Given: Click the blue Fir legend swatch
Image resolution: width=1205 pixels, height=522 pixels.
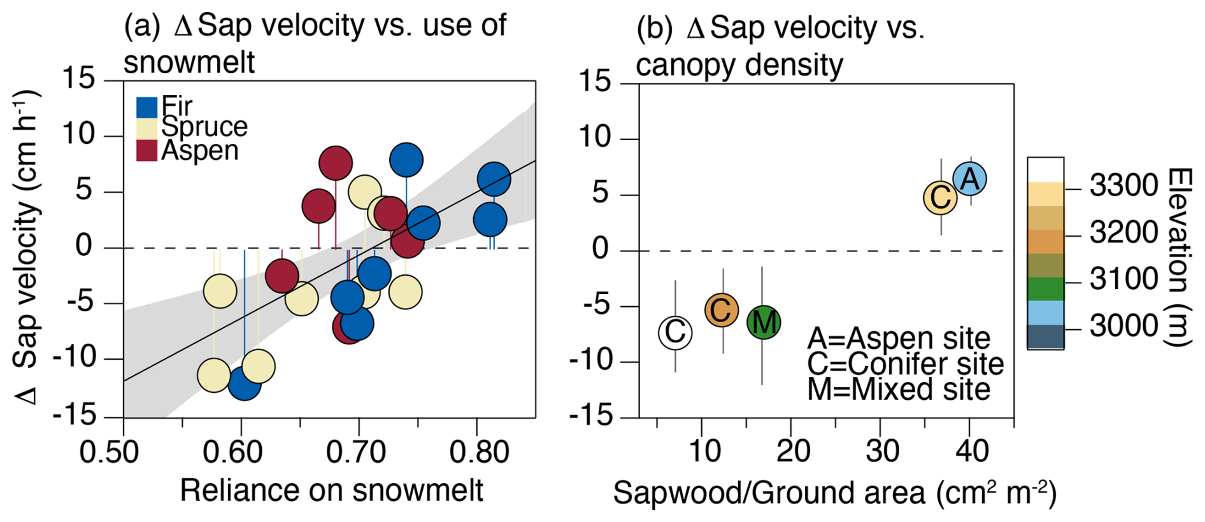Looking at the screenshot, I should point(146,107).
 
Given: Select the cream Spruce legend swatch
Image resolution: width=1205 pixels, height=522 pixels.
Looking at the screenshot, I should point(146,128).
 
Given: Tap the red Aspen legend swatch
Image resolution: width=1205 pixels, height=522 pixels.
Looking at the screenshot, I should point(146,150).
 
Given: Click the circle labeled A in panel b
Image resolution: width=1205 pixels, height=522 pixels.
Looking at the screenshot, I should point(969,179).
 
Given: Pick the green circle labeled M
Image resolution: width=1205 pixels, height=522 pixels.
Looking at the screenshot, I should point(763,322).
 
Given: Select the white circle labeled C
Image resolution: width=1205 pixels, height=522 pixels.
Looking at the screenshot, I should point(675,332).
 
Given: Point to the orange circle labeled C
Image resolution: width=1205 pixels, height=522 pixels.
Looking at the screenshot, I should point(721,311).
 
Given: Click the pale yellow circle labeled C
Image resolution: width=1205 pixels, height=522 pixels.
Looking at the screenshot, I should point(940,198).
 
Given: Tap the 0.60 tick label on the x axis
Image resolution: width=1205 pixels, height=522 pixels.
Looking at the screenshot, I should point(232,453).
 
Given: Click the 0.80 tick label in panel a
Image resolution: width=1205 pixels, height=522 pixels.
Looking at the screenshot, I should point(479,453).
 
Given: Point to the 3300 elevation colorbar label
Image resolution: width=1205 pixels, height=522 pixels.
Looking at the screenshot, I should point(1123,186).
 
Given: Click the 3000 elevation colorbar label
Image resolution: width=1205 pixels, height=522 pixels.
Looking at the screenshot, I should point(1123,326).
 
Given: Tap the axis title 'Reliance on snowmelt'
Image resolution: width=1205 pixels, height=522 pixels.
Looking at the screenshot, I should point(331,491).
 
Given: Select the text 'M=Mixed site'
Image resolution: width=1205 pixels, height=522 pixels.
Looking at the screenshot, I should point(898,389).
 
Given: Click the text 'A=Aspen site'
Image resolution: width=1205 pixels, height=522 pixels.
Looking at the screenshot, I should point(898,338).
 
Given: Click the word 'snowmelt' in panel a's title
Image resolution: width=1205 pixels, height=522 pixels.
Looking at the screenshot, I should point(189,62).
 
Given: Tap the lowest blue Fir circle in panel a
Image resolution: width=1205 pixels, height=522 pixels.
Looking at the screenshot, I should point(244,383).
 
